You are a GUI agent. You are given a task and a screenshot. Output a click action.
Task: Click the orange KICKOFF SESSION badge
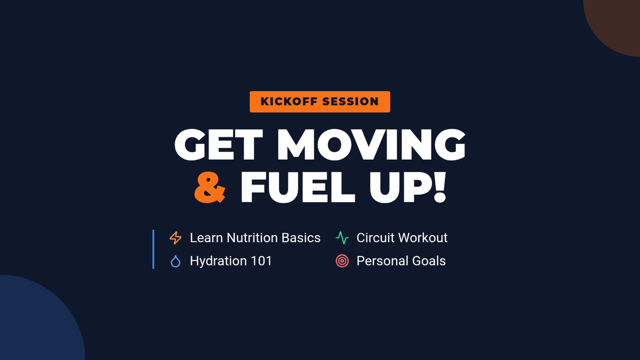(319, 102)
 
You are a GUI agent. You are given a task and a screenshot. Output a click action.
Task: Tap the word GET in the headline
(219, 145)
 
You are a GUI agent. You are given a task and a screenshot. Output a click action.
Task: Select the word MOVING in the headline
(371, 145)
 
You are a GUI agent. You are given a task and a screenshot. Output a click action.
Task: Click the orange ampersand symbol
(210, 187)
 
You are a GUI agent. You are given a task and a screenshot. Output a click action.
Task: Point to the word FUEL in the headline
(298, 187)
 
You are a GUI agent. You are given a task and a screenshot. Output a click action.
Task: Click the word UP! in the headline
(407, 187)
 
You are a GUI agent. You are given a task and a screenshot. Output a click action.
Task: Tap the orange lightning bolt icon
(175, 238)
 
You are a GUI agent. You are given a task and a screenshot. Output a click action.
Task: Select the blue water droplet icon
(175, 261)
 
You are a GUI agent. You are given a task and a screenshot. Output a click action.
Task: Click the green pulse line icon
(342, 238)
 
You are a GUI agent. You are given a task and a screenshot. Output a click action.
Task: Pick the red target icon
(342, 261)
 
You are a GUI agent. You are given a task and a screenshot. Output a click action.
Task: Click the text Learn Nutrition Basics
(255, 238)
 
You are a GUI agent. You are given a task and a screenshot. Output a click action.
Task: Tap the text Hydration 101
(231, 261)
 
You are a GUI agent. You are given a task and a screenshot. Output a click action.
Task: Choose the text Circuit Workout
(402, 238)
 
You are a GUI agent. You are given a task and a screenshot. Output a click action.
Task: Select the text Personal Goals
(401, 261)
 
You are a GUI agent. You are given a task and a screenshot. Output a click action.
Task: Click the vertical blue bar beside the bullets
(154, 249)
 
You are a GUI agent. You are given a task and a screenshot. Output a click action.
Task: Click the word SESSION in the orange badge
(350, 101)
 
